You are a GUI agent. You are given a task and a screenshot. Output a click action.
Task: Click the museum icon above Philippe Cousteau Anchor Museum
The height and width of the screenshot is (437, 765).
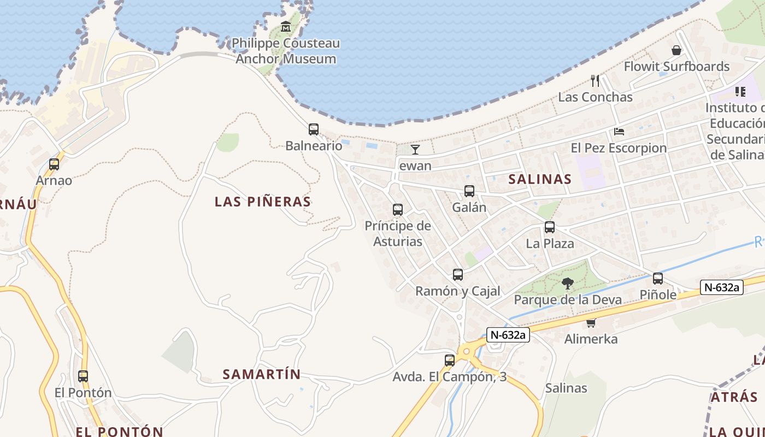tap(286, 26)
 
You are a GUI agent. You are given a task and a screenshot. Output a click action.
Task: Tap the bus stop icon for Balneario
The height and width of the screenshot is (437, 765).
tap(314, 129)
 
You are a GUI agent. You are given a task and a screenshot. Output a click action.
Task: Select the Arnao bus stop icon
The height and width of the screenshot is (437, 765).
tap(54, 164)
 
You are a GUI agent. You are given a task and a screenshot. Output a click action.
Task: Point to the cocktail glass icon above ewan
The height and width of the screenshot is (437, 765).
tap(415, 149)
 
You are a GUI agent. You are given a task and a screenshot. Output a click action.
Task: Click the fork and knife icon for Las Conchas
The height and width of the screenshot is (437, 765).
tap(595, 81)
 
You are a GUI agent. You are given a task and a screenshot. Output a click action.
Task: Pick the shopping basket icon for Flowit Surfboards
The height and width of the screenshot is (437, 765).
tap(676, 50)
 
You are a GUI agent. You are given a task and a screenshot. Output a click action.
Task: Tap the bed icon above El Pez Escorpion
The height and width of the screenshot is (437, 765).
tap(619, 132)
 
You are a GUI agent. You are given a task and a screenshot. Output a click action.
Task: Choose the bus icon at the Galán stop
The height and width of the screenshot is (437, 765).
tap(469, 191)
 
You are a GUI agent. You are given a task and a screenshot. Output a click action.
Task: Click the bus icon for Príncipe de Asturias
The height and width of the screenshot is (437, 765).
tap(398, 210)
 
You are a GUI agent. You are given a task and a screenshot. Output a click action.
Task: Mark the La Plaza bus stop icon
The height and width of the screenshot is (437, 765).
tap(550, 227)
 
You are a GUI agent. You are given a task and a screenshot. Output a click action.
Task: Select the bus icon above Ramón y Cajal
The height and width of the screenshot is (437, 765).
tap(458, 275)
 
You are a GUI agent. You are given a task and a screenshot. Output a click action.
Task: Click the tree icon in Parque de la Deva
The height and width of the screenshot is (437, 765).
tap(568, 283)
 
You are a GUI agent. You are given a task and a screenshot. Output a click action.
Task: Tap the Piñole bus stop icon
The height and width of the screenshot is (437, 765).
tap(658, 279)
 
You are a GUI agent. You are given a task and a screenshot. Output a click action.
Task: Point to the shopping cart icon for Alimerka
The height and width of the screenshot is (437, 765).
tap(591, 323)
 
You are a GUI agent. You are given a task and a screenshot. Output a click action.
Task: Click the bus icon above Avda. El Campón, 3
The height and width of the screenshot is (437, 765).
tap(450, 361)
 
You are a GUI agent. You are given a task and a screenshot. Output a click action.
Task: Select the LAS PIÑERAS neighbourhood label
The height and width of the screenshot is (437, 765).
tap(263, 202)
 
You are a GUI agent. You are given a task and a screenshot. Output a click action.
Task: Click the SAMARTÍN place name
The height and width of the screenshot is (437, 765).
tap(262, 374)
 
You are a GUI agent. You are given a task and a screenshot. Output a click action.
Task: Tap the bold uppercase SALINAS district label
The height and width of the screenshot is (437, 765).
tap(540, 179)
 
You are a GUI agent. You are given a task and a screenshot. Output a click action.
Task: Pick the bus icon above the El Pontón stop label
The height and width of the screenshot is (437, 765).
tap(83, 376)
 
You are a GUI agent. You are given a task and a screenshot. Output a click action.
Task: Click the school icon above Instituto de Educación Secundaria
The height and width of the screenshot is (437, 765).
tap(740, 91)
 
